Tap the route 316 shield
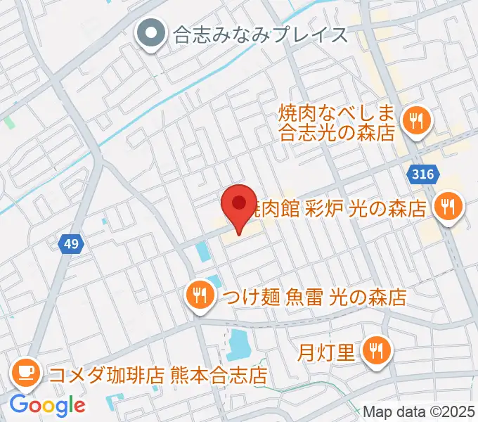pos(424,173)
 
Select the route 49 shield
pos(72,244)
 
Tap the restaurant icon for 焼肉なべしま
pos(416,121)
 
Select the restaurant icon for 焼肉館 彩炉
pos(447,207)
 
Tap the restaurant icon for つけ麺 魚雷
pos(200,296)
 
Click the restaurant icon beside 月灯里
pos(377,350)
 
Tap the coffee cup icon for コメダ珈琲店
pos(27,373)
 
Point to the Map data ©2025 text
pos(419,411)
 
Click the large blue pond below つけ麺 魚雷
pos(240,345)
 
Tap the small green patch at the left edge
pos(9,122)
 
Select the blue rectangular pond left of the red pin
pos(202,250)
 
